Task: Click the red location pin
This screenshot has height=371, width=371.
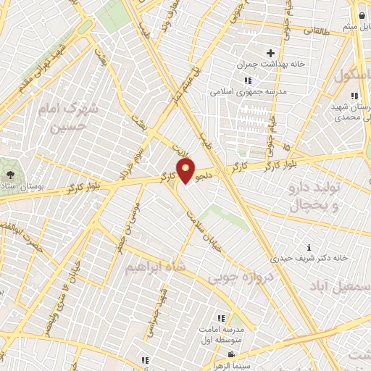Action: coord(186,171)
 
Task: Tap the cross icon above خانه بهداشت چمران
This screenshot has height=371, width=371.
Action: coord(270,53)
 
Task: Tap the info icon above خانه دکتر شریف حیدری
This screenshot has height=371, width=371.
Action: coord(310,247)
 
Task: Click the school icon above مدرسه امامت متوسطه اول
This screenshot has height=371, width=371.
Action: coord(220,318)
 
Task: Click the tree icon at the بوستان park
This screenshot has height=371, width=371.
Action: coord(9,175)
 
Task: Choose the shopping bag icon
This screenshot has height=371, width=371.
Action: coord(361,14)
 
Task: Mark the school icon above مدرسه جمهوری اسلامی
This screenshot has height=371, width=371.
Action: coord(248,80)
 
